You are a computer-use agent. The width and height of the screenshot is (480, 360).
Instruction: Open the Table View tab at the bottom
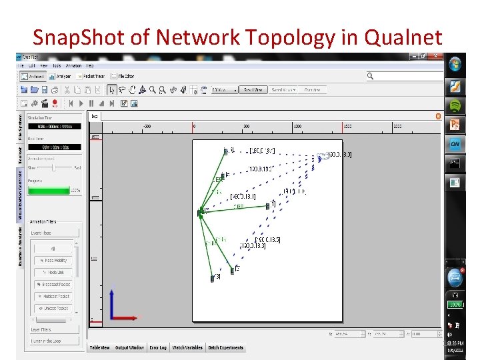(x=100, y=347)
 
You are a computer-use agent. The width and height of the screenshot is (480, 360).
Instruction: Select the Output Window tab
(x=129, y=347)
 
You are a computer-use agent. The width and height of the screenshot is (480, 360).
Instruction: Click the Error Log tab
(x=158, y=347)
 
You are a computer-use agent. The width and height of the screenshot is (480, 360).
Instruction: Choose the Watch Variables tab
(x=187, y=347)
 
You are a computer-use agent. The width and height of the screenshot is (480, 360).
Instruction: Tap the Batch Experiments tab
(x=226, y=347)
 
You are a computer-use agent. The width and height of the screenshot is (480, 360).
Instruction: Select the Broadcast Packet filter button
(x=54, y=284)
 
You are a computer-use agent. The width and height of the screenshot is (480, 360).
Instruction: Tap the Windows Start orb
(x=455, y=65)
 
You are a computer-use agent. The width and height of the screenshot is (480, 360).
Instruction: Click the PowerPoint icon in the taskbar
(x=455, y=125)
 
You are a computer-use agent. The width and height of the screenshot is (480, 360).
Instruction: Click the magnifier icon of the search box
(x=370, y=77)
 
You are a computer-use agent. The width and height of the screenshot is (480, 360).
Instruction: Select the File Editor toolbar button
(x=124, y=77)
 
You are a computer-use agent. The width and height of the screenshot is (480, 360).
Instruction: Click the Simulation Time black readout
(x=54, y=126)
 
